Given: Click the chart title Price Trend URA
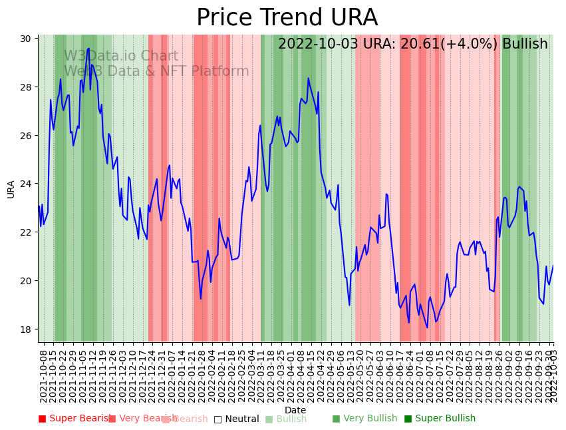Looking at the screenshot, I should (287, 18).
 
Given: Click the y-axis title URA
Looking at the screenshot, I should (11, 189).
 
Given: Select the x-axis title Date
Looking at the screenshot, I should (295, 411).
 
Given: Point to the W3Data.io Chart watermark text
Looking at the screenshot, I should (121, 57).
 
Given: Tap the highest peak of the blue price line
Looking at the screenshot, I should (88, 48).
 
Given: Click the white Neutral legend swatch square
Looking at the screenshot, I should (217, 419).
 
